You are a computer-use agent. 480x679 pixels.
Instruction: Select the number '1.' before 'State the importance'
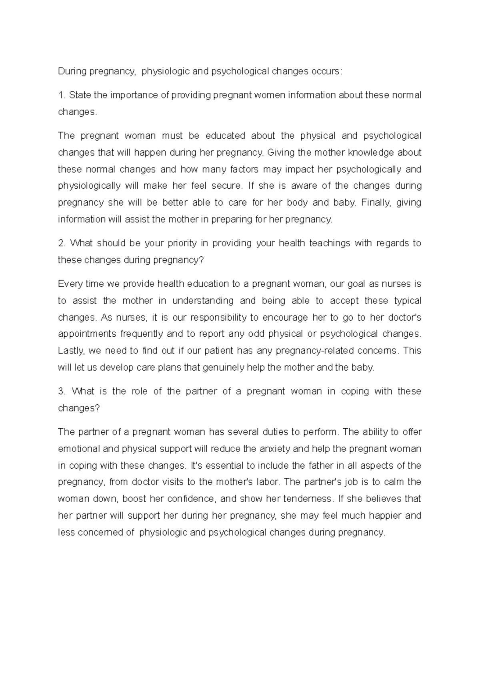coord(61,95)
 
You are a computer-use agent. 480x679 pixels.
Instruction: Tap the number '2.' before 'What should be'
coord(62,243)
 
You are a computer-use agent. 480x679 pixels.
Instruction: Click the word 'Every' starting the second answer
coord(68,284)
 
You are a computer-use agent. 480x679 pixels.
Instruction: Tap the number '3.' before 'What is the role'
coord(62,391)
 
